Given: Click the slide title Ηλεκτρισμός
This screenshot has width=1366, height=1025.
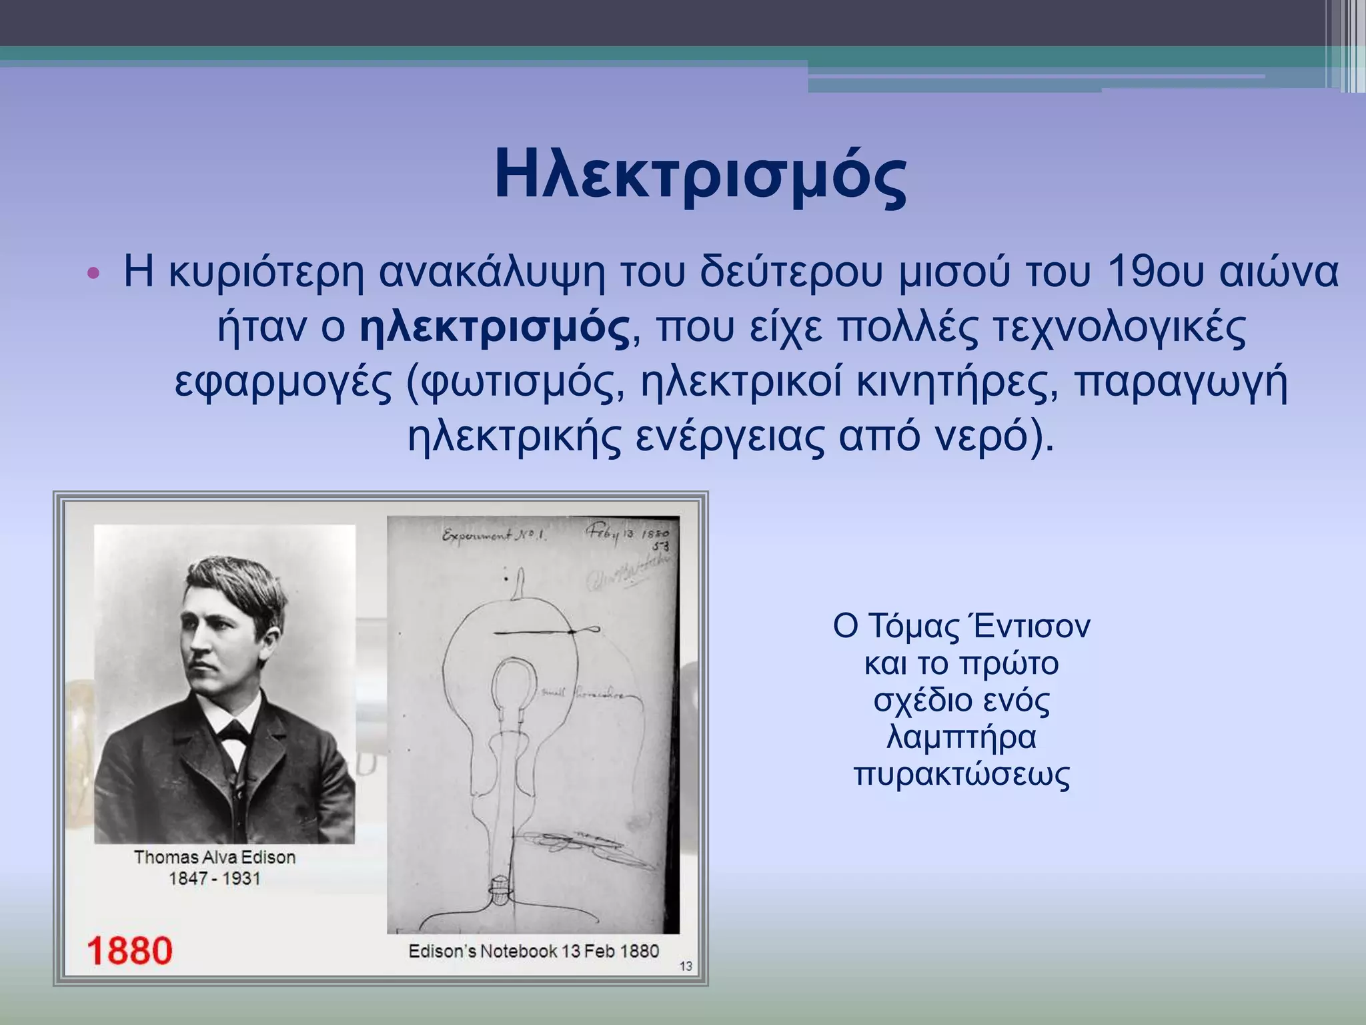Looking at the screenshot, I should [x=700, y=175].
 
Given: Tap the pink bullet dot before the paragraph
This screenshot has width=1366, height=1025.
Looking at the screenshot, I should [x=93, y=274].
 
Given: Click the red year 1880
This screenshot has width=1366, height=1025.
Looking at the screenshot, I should [x=129, y=950].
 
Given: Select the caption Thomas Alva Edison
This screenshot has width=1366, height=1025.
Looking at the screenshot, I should [x=215, y=857].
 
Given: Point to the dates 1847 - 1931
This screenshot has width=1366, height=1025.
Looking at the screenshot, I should [x=215, y=878].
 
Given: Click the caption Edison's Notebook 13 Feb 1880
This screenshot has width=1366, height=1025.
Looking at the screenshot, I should [x=534, y=951].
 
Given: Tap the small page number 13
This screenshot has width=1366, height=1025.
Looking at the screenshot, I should [x=686, y=966].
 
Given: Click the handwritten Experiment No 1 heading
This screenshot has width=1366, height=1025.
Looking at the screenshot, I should [x=494, y=535].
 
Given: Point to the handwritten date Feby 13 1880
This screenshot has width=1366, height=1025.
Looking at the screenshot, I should [x=627, y=534].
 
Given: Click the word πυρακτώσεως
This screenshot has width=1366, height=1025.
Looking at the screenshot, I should [x=962, y=774].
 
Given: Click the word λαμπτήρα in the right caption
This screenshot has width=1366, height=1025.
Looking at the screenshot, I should [x=962, y=737].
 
